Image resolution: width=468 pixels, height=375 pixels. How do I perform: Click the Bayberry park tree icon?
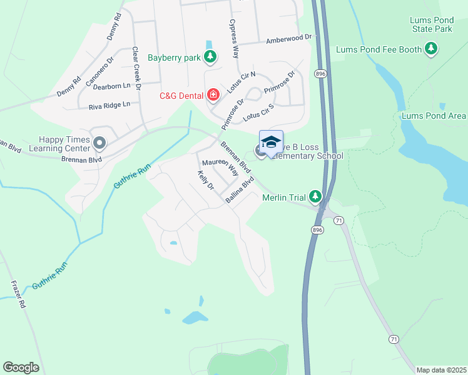[211, 58]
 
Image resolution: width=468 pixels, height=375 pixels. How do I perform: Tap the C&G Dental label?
[181, 96]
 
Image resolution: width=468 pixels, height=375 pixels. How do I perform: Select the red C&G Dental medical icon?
[213, 95]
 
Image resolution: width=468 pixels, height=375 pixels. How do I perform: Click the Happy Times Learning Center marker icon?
[99, 144]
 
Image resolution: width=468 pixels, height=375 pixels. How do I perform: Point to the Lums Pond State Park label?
[431, 24]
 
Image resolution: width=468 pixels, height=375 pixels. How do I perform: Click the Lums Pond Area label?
[434, 116]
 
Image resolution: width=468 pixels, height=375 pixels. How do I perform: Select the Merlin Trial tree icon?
[315, 197]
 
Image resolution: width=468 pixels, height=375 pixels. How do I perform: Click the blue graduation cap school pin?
[271, 143]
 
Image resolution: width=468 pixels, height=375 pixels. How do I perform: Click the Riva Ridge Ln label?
[110, 104]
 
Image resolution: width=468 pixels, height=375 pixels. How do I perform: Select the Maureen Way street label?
[220, 167]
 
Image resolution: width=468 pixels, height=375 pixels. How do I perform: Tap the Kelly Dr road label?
[205, 181]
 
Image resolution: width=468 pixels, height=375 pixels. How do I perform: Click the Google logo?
[21, 367]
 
